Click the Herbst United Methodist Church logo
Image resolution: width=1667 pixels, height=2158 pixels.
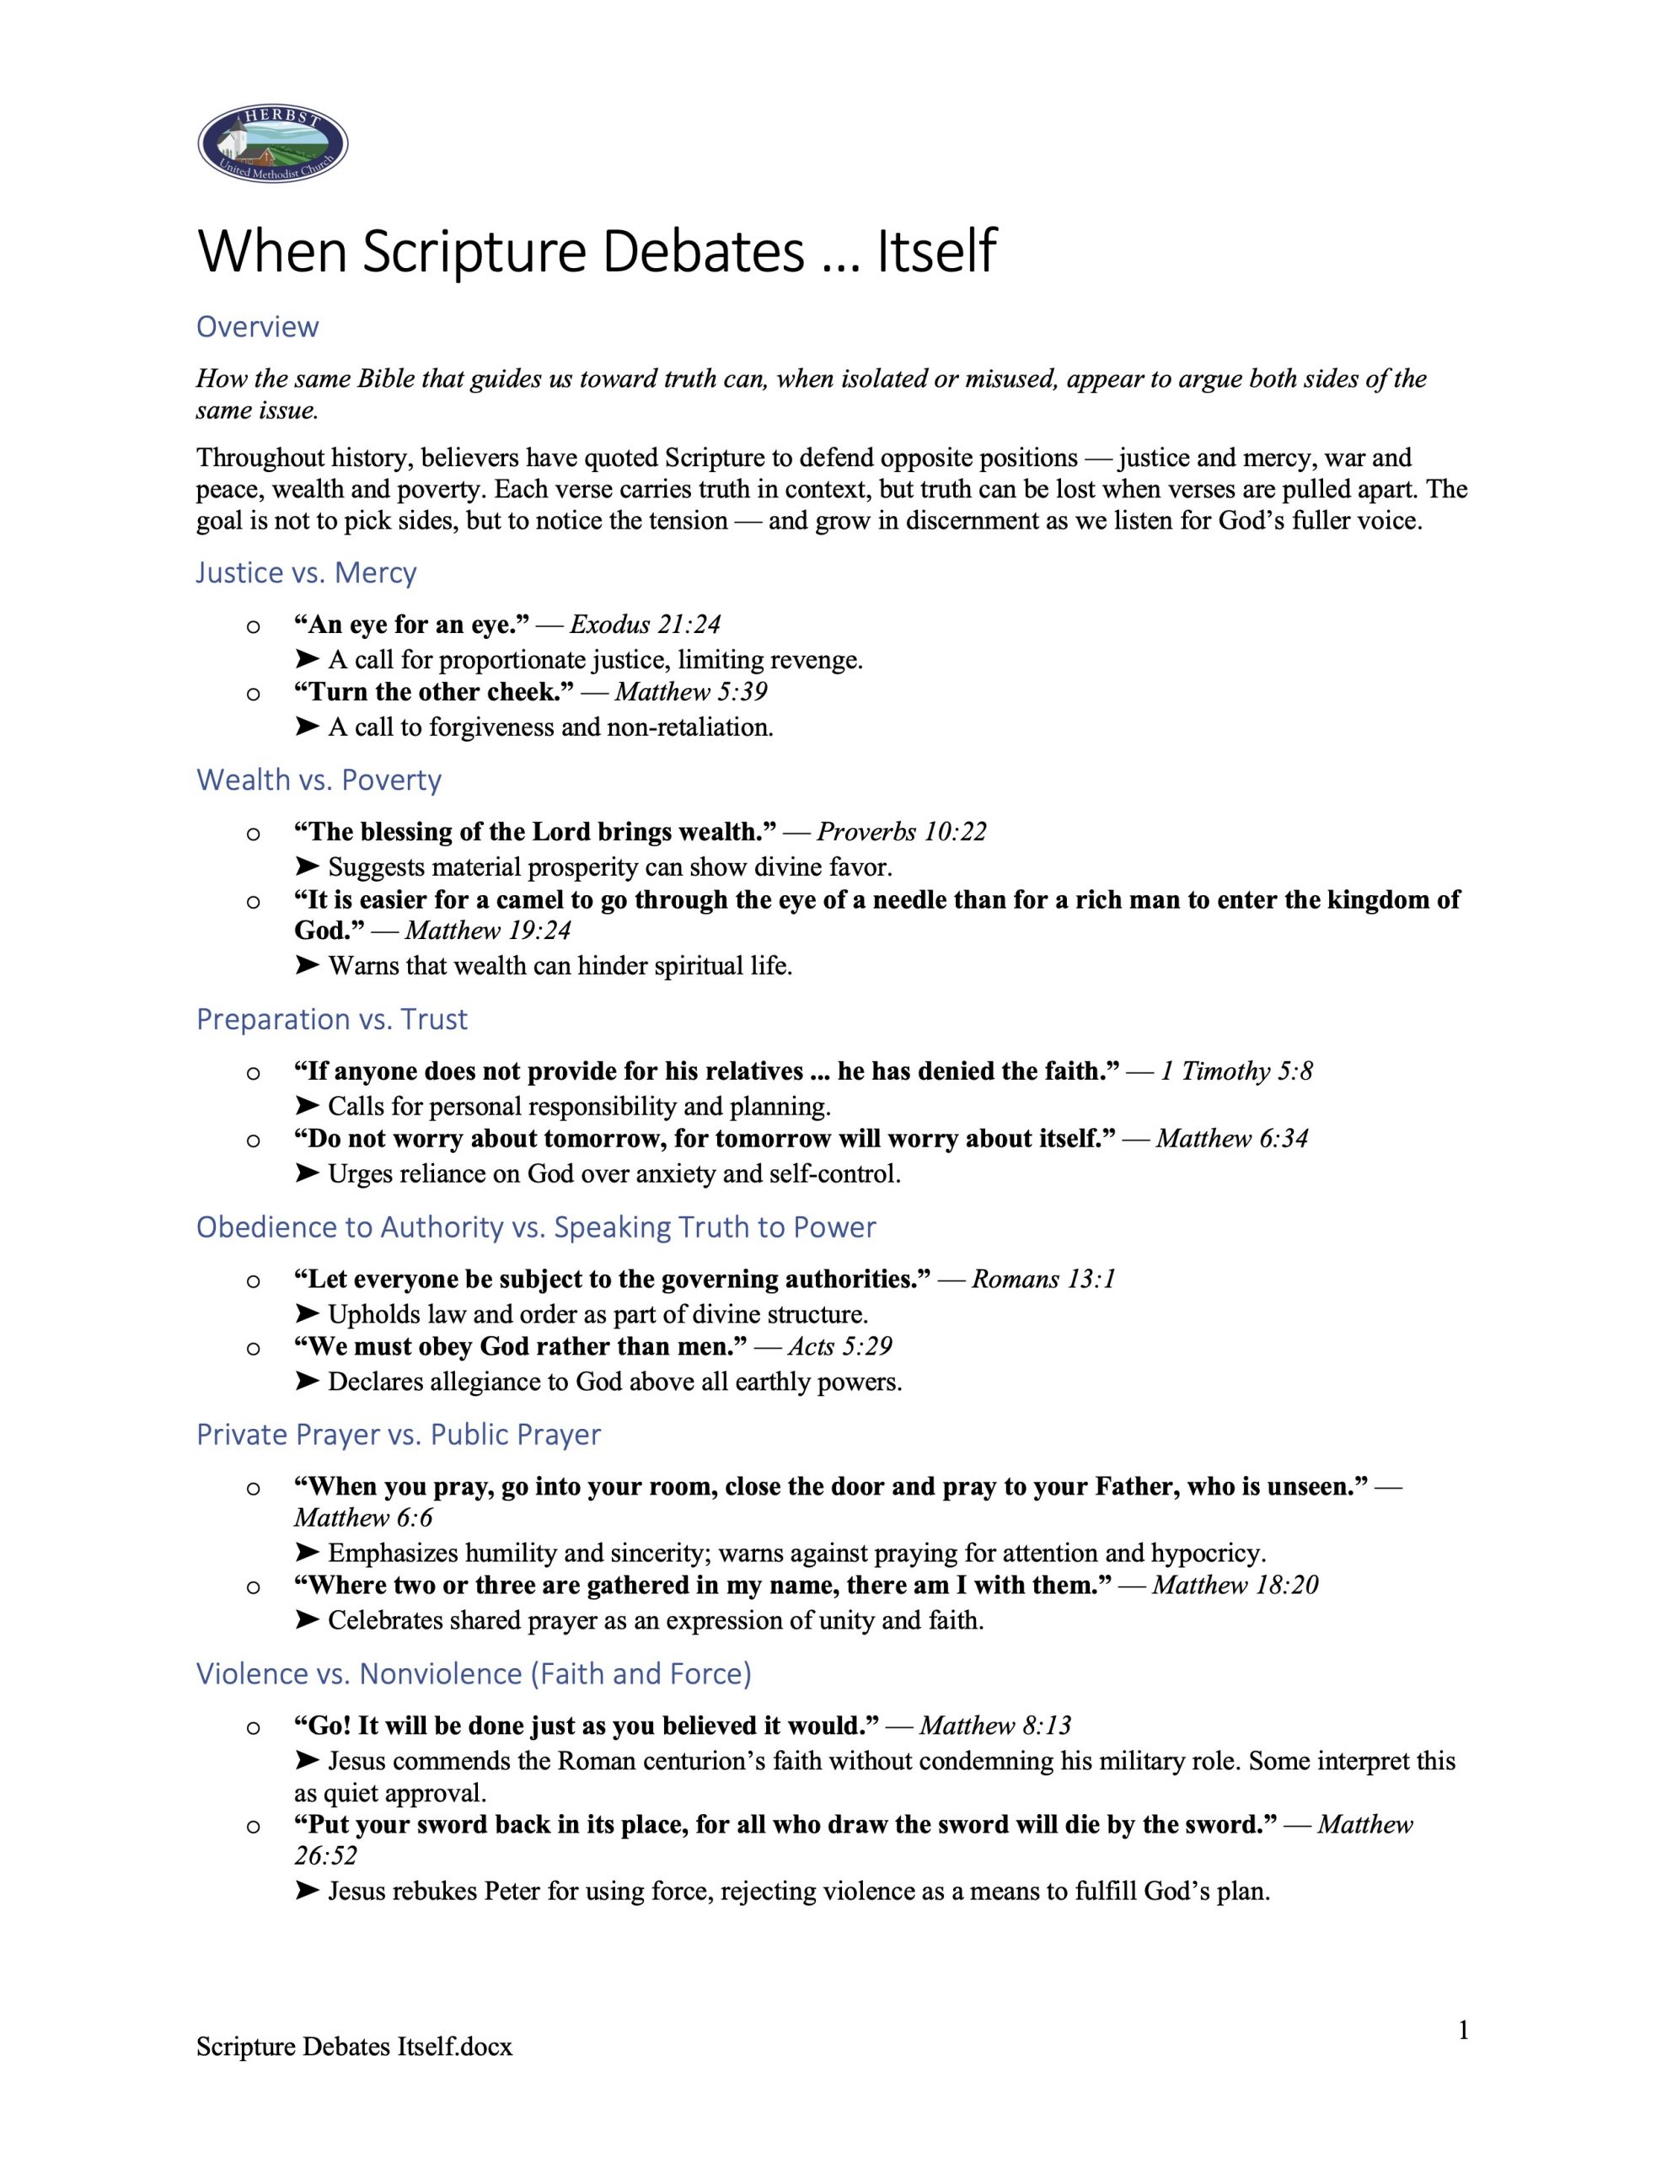(273, 144)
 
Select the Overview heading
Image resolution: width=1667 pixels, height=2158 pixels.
(257, 326)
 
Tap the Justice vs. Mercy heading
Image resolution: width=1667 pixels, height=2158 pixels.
(306, 572)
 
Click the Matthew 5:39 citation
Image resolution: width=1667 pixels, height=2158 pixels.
(691, 692)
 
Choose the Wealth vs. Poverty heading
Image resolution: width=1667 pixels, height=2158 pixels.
(319, 780)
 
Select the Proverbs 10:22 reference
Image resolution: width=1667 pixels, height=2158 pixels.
(901, 832)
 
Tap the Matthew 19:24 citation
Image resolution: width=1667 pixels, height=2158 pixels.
(488, 931)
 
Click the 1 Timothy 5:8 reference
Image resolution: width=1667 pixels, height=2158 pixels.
(1236, 1071)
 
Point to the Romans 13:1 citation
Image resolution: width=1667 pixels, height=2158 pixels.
(1043, 1279)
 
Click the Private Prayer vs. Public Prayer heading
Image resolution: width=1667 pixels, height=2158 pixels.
(399, 1434)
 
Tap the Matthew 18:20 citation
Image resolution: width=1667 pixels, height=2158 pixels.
(1234, 1585)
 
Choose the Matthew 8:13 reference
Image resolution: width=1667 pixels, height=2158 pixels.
(995, 1726)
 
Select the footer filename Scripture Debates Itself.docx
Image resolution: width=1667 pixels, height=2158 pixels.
(354, 2047)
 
